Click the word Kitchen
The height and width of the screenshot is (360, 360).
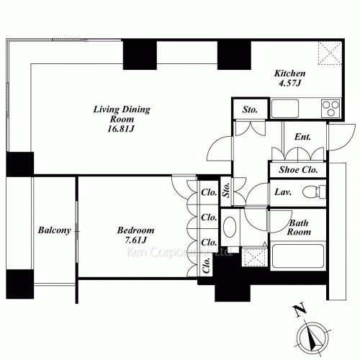291,73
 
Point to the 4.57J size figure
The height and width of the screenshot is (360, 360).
291,84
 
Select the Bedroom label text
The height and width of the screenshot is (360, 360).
135,230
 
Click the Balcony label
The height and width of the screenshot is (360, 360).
54,231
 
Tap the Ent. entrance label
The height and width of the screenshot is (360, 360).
302,137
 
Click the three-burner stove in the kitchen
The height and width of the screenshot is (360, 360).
329,109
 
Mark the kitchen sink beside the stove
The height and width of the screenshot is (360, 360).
283,109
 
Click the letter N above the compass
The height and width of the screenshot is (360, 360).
299,311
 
